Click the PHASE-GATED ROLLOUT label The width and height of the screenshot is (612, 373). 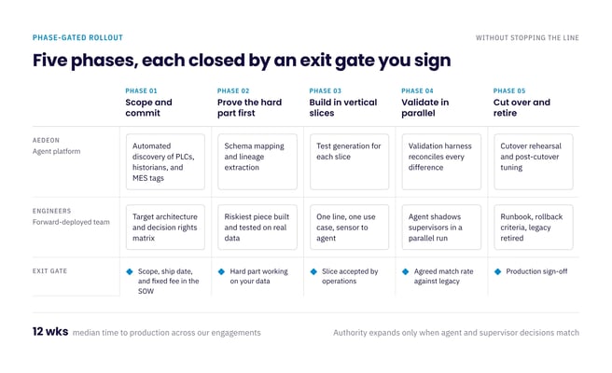[77, 38]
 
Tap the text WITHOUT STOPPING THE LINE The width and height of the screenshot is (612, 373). [527, 38]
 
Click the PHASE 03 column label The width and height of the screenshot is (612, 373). [325, 90]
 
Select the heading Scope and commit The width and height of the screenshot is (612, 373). [148, 107]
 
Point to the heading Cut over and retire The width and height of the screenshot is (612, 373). [522, 107]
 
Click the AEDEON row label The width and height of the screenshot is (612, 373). [46, 140]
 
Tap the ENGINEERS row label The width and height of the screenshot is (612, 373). [52, 211]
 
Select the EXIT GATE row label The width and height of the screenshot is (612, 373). [49, 271]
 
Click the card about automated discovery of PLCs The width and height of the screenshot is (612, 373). [165, 162]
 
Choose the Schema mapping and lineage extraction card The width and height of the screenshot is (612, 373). [257, 162]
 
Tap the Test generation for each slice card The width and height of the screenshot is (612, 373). [349, 162]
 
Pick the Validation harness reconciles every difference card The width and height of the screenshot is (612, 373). [441, 162]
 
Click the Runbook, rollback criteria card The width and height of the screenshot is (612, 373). [534, 228]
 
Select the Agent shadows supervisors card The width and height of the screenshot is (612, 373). [441, 228]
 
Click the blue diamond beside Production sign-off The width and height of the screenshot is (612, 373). [497, 271]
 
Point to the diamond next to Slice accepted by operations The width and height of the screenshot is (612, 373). [313, 271]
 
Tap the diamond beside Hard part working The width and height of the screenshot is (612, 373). [221, 271]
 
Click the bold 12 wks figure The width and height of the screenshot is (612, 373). [50, 332]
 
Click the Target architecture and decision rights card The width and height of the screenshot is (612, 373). [165, 228]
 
